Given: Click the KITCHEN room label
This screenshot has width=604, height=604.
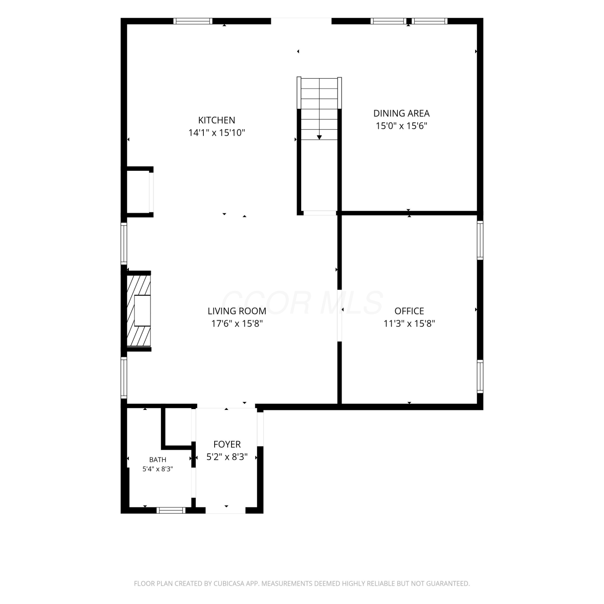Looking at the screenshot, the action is click(217, 120).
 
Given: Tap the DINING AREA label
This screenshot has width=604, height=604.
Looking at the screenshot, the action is click(401, 114).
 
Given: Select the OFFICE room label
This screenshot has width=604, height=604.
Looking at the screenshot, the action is click(409, 311).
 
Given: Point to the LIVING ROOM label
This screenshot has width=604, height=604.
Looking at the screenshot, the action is click(237, 311).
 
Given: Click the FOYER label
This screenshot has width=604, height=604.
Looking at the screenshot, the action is click(227, 444).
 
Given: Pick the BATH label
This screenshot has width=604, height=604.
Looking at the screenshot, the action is click(157, 459).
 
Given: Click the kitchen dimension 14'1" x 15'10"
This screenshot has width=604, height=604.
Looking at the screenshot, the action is click(217, 132).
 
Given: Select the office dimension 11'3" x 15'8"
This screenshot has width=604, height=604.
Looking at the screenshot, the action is click(409, 323).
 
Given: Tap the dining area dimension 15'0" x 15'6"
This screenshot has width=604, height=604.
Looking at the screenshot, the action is click(401, 126).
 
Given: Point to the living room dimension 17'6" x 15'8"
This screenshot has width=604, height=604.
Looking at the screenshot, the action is click(237, 323).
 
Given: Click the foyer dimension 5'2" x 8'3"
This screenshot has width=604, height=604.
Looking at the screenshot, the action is click(227, 457).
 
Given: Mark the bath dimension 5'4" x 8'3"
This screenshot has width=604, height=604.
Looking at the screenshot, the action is click(157, 469).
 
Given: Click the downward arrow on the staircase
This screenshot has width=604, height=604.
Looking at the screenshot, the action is click(319, 137).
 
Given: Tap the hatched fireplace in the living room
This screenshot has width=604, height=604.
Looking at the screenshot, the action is click(139, 310).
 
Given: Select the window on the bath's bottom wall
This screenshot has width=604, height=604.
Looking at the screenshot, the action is click(171, 510).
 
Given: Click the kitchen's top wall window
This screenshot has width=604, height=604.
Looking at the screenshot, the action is click(193, 21).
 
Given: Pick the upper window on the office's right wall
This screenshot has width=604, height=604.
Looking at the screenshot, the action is click(480, 240).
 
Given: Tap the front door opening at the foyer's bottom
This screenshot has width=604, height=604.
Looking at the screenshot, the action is click(226, 510).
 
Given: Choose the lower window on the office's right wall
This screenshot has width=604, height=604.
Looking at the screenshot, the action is click(480, 376).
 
